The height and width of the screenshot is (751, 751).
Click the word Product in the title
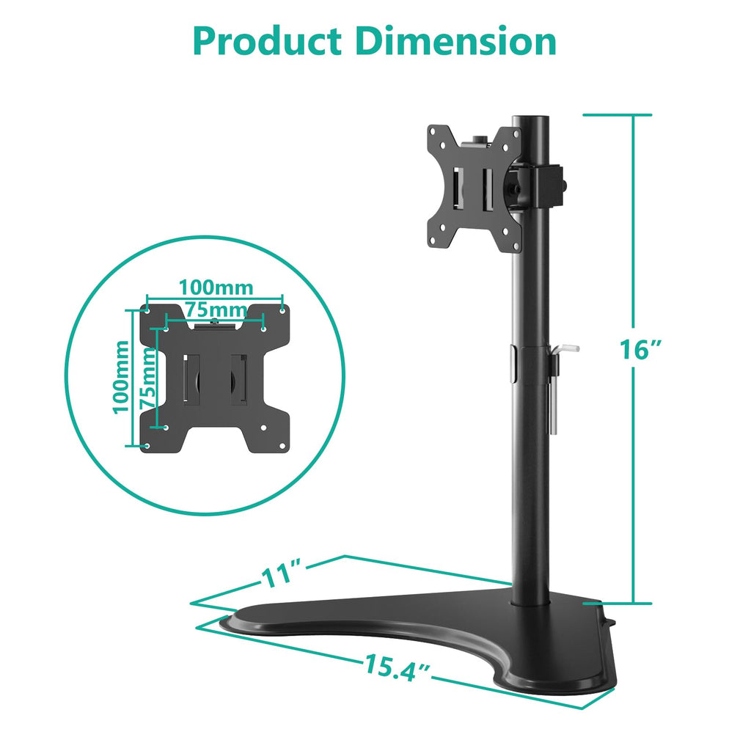pos(271,42)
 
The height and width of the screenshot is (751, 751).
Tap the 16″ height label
pos(635,350)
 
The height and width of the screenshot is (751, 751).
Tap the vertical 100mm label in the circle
pos(122,376)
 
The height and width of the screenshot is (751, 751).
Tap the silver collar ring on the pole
pos(510,364)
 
